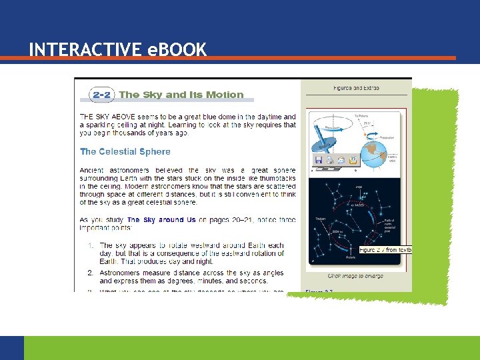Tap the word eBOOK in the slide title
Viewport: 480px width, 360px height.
coord(177,49)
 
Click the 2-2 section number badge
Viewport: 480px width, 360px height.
coord(101,95)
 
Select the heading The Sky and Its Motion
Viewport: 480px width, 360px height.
coord(181,95)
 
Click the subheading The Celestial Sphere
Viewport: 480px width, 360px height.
coord(125,151)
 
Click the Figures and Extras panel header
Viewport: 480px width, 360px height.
coord(357,87)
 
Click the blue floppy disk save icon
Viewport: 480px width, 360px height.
coord(319,161)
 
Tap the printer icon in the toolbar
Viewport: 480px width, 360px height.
coord(329,161)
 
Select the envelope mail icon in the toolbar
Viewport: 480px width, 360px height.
coord(341,161)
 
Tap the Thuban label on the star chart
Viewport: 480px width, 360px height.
coord(320,218)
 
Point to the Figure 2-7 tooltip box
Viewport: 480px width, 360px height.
coord(385,249)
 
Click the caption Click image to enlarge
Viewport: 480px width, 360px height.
coord(356,275)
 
